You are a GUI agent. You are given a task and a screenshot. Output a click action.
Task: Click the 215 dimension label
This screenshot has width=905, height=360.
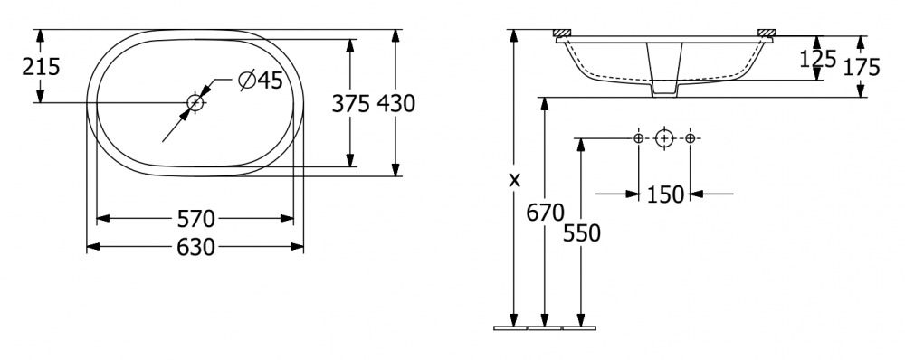point(41,67)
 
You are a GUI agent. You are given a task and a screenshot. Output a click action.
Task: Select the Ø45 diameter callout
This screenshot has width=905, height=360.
point(261,81)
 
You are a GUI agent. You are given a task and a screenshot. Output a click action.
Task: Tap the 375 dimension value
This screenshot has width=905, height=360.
point(350,104)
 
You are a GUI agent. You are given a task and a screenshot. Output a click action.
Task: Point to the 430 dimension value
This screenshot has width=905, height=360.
point(396,104)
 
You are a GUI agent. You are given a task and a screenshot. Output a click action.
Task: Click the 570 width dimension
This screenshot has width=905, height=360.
point(195,219)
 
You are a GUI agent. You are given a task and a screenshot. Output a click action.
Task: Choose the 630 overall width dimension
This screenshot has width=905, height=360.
point(195,248)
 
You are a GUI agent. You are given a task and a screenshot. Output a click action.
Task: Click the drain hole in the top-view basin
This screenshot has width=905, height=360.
point(195,103)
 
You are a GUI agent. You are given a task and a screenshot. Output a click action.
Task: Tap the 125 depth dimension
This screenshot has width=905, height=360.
point(818,59)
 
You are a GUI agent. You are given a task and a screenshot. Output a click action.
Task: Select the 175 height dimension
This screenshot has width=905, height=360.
point(862,67)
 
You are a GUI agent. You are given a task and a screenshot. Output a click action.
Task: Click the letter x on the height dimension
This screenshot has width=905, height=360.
point(514,179)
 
